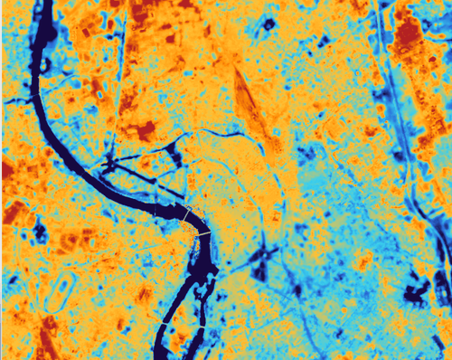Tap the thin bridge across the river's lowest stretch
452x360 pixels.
[167, 323]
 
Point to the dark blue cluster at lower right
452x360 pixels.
[417, 291]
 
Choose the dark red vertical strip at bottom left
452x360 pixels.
[48, 335]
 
